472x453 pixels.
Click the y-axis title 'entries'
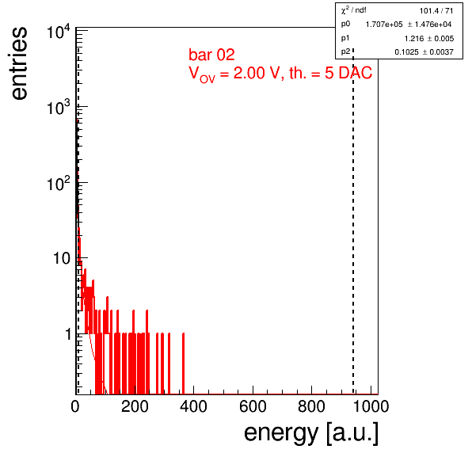click(x=19, y=63)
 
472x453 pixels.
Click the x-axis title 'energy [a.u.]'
click(x=311, y=434)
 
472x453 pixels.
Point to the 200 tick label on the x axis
click(x=135, y=406)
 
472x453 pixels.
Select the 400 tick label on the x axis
click(x=193, y=406)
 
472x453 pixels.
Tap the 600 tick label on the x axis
click(x=253, y=406)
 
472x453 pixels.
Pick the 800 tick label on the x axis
click(x=311, y=406)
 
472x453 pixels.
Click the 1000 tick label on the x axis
click(x=371, y=406)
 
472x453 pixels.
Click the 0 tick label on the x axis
click(x=75, y=406)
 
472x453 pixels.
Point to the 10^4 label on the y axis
click(x=59, y=32)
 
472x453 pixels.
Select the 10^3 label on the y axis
click(x=59, y=107)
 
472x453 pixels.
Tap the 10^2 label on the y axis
click(x=59, y=183)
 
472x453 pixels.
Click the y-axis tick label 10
click(x=62, y=258)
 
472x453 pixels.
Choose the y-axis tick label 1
click(x=68, y=333)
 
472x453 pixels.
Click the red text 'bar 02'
click(x=211, y=55)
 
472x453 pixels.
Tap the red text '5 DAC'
click(x=348, y=73)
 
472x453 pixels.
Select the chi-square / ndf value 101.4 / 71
click(x=436, y=11)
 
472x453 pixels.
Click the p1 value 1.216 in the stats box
click(x=414, y=39)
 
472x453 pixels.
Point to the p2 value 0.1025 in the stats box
click(x=406, y=52)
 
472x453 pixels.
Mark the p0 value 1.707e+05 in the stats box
click(x=384, y=25)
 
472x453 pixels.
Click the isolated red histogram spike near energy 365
click(x=183, y=364)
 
